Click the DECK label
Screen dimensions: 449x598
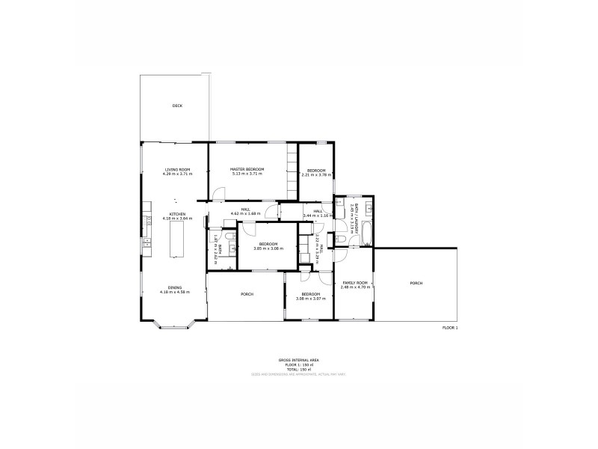[177, 106]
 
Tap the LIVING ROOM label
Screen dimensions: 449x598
[177, 170]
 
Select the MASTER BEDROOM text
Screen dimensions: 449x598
[247, 170]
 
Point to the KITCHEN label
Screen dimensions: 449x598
[177, 214]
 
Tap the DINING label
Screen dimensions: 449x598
[174, 287]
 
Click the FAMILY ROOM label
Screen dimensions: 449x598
[351, 282]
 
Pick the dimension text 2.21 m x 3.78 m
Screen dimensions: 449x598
[315, 174]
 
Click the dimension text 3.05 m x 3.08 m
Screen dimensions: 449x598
[268, 248]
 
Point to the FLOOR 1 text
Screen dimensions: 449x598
[450, 328]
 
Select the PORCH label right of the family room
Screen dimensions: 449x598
[416, 284]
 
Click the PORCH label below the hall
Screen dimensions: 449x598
[247, 294]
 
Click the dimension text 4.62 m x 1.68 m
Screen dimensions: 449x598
[244, 214]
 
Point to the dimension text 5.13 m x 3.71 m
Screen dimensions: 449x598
[247, 174]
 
